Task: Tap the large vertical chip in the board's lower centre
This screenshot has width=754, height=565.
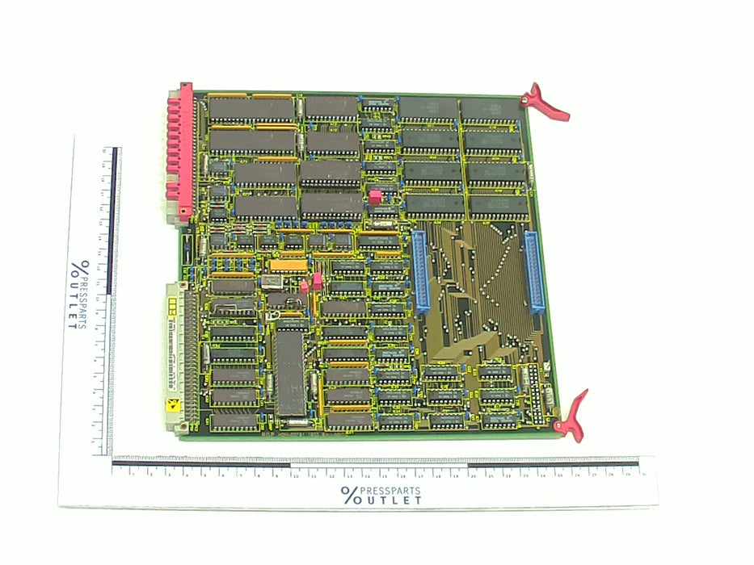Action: coord(289,370)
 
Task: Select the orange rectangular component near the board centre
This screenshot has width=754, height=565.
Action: coord(288,264)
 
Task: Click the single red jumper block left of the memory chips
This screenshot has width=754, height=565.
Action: coord(374,196)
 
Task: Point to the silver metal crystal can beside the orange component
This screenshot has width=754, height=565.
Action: coord(270,280)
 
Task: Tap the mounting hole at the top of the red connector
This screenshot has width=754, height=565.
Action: coord(186,86)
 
